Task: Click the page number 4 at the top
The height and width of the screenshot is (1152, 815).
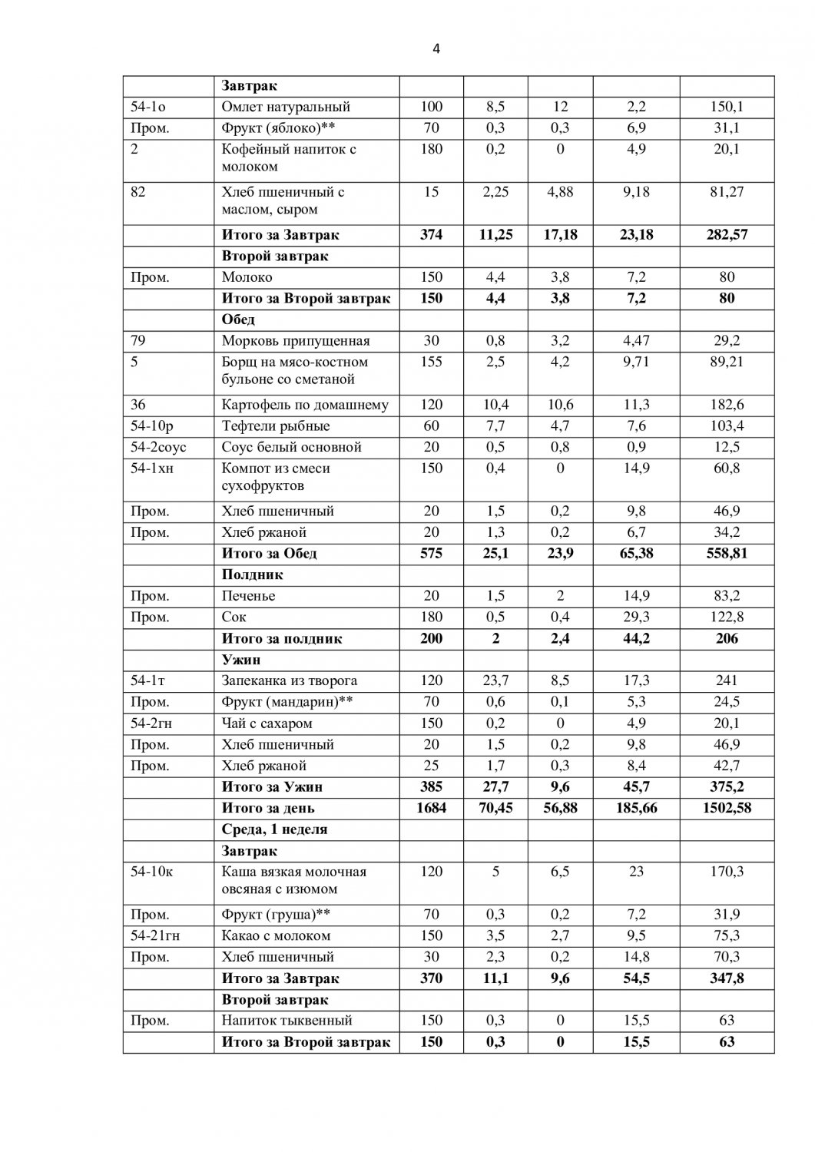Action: [x=436, y=49]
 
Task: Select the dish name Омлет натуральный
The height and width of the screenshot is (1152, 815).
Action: [x=286, y=107]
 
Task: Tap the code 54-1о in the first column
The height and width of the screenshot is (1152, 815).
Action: [x=148, y=107]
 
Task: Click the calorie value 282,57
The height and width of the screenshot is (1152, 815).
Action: [x=727, y=235]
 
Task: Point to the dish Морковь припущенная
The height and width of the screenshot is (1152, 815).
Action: [x=296, y=341]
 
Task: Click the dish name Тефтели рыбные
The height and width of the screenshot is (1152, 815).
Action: [x=276, y=426]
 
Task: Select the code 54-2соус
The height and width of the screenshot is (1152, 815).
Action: [x=159, y=447]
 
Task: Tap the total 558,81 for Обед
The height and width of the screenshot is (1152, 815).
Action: [x=727, y=554]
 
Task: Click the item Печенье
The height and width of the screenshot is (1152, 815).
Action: [x=248, y=596]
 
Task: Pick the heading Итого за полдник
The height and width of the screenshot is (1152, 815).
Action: [x=282, y=639]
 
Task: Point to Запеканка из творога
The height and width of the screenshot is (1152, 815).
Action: [x=290, y=680]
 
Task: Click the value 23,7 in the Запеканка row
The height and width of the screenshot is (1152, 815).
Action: [x=495, y=680]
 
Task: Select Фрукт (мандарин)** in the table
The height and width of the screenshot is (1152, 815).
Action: [x=287, y=702]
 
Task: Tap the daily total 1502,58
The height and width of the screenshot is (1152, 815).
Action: [x=727, y=808]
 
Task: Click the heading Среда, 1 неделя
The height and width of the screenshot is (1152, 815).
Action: [x=274, y=829]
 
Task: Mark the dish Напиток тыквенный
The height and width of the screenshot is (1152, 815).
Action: [x=287, y=1021]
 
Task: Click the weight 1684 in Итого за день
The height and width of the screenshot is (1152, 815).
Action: [x=431, y=808]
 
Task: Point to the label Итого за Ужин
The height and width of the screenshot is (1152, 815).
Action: [x=272, y=787]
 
